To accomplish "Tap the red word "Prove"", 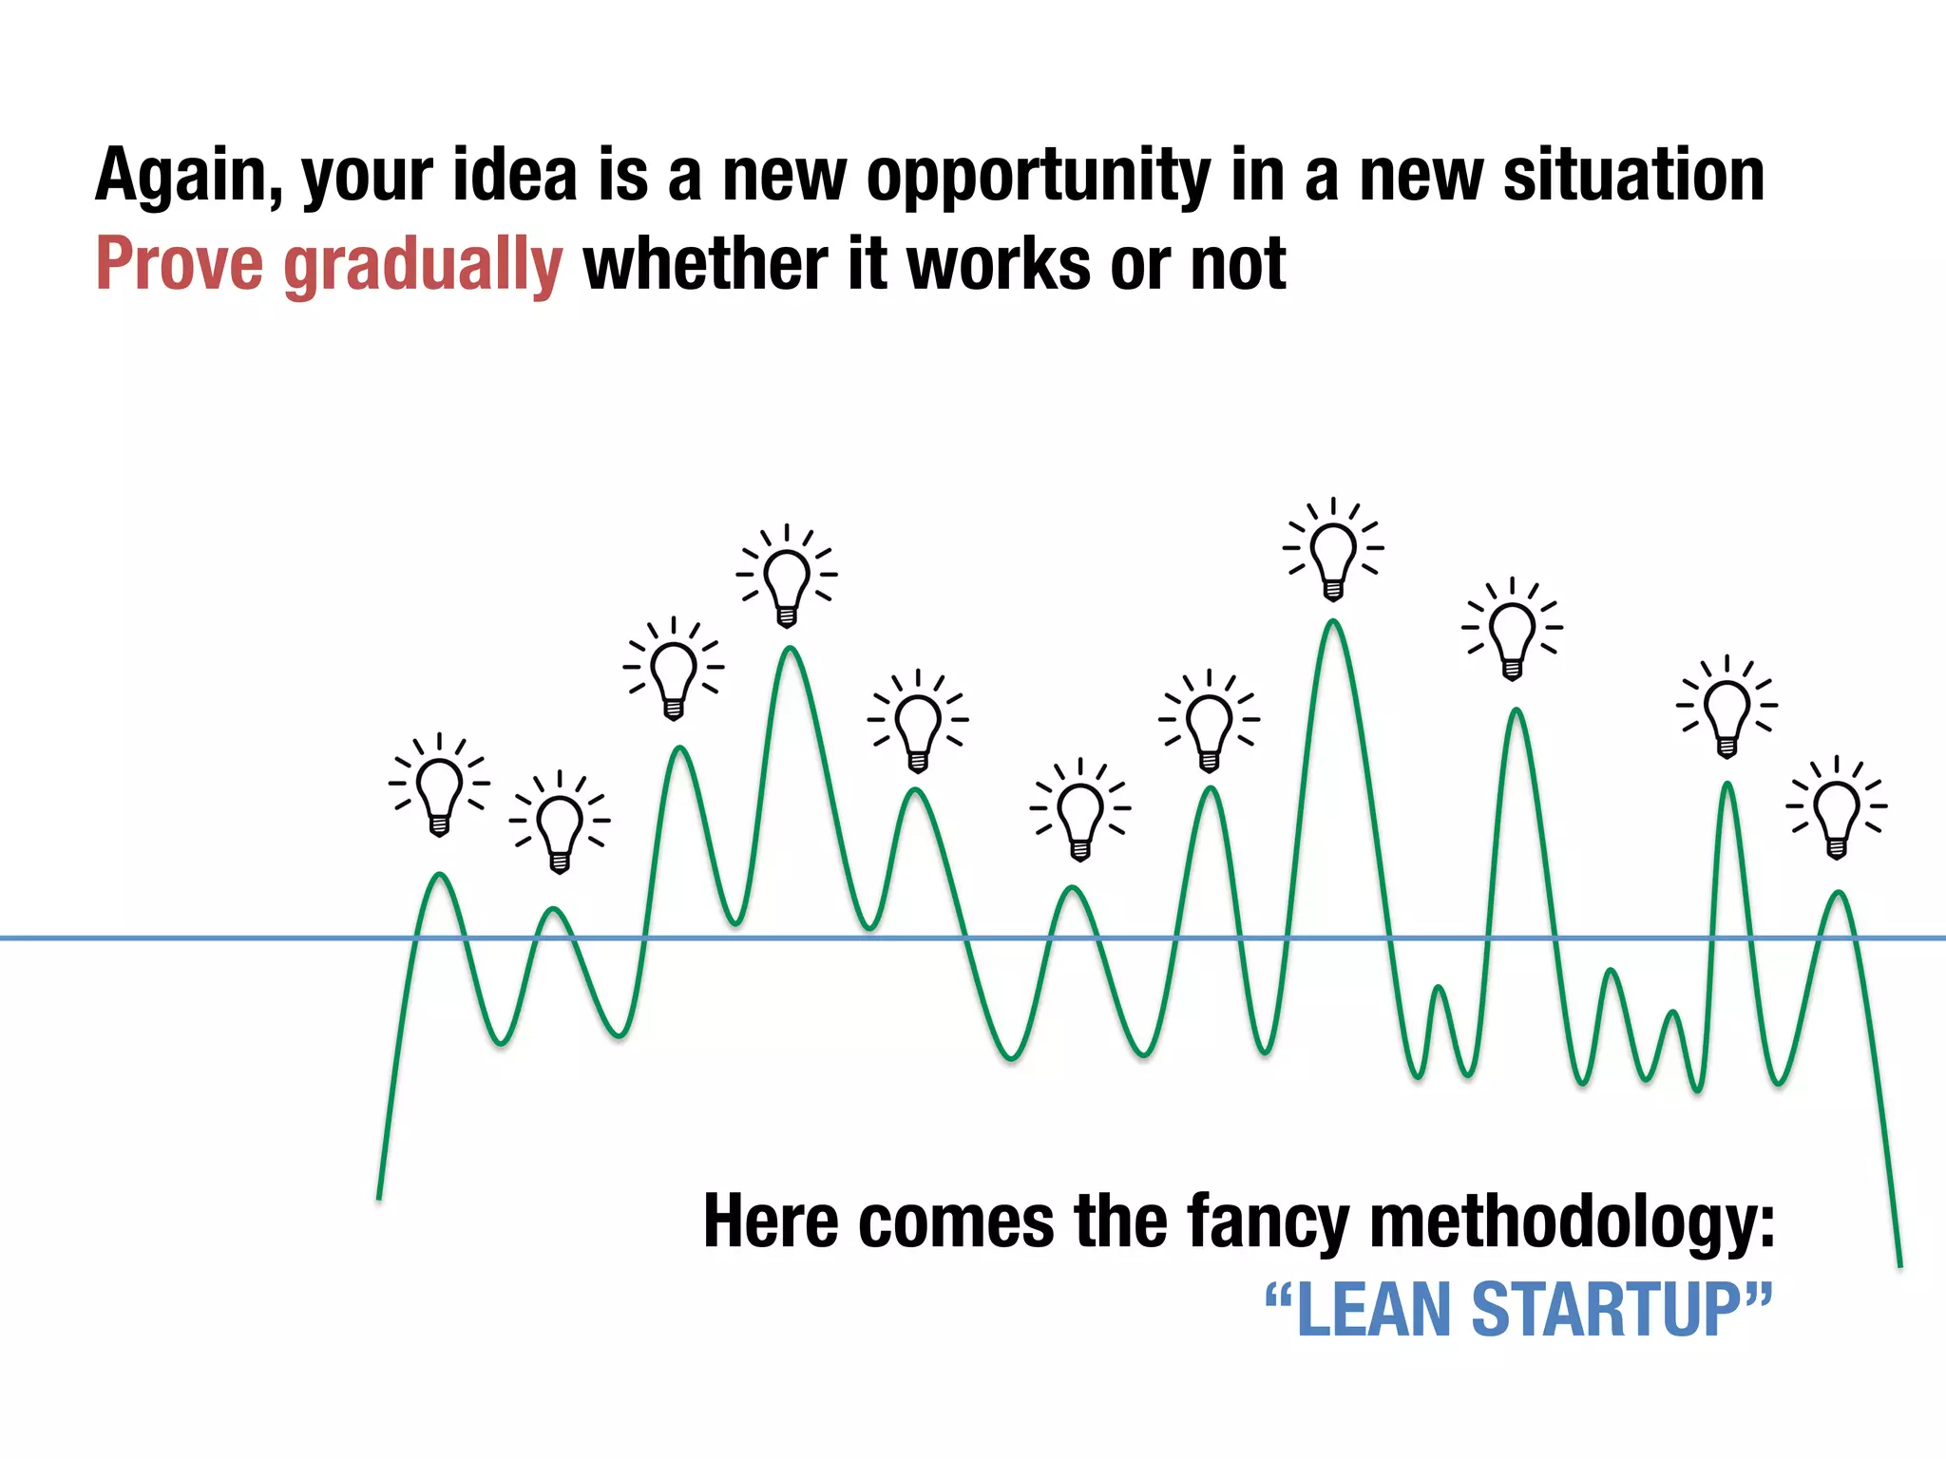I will click(179, 264).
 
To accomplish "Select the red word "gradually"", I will click(423, 266).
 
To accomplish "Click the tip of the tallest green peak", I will click(1333, 622).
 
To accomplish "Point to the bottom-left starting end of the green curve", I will click(379, 1197).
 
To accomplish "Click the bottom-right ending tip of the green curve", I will click(1899, 1264).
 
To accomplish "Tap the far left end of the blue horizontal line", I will click(4, 938).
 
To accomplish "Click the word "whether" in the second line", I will click(705, 264).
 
